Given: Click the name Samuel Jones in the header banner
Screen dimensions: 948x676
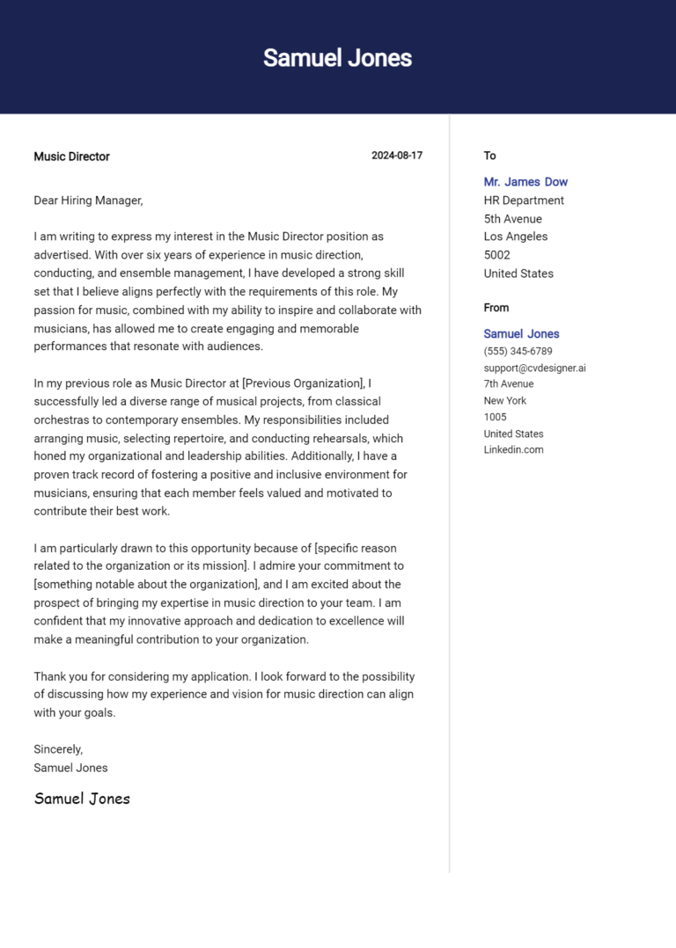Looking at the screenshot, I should (337, 58).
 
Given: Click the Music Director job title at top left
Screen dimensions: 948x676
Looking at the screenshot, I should (71, 157).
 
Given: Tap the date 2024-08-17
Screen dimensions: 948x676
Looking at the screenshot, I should (396, 156).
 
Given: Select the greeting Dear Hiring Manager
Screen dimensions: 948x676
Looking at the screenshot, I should (88, 201).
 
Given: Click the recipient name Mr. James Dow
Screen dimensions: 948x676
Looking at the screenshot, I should (525, 182).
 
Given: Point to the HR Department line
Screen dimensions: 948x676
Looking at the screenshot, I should (524, 201).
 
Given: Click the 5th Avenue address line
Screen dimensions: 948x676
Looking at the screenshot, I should (512, 219).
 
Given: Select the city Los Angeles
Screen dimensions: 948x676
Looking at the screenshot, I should (515, 237).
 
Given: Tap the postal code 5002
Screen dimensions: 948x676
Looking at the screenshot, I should (496, 255).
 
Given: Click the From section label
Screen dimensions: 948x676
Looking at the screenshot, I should (496, 308).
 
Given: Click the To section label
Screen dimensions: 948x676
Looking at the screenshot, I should (489, 156).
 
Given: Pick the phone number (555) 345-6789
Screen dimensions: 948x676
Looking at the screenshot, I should (518, 351).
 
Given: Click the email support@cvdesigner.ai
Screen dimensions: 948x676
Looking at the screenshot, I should (534, 368).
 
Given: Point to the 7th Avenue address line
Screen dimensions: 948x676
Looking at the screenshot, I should (508, 383).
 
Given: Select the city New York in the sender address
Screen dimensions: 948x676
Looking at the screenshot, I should (504, 400).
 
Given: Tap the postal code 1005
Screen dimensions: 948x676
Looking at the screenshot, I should (495, 417).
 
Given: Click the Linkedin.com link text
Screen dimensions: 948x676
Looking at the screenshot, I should (513, 449).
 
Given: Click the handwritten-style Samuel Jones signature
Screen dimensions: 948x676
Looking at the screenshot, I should (82, 799).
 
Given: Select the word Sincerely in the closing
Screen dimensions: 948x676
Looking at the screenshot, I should (58, 749).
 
